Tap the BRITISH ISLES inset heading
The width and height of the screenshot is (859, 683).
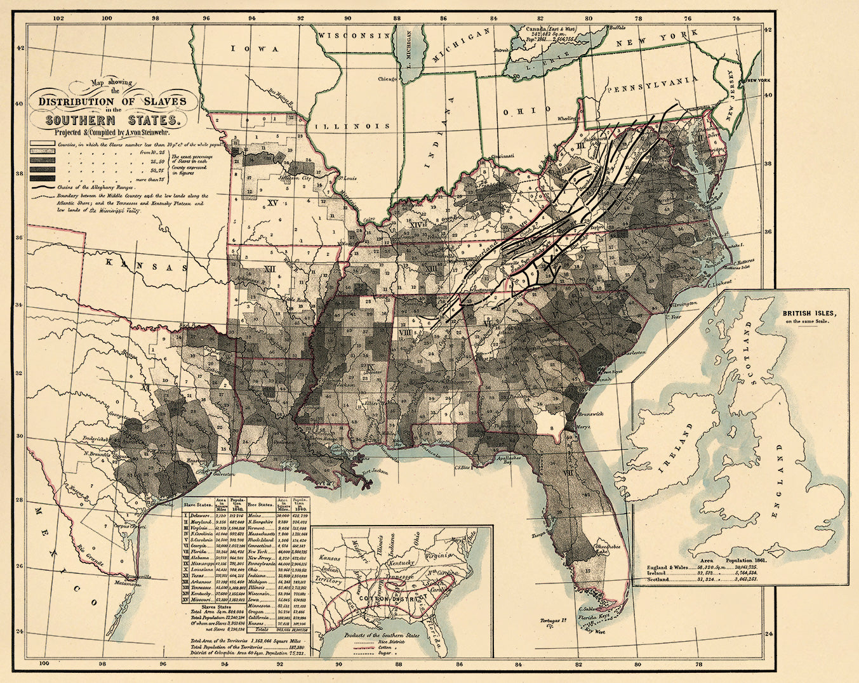tap(808, 314)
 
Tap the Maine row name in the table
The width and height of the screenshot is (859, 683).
tap(257, 515)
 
